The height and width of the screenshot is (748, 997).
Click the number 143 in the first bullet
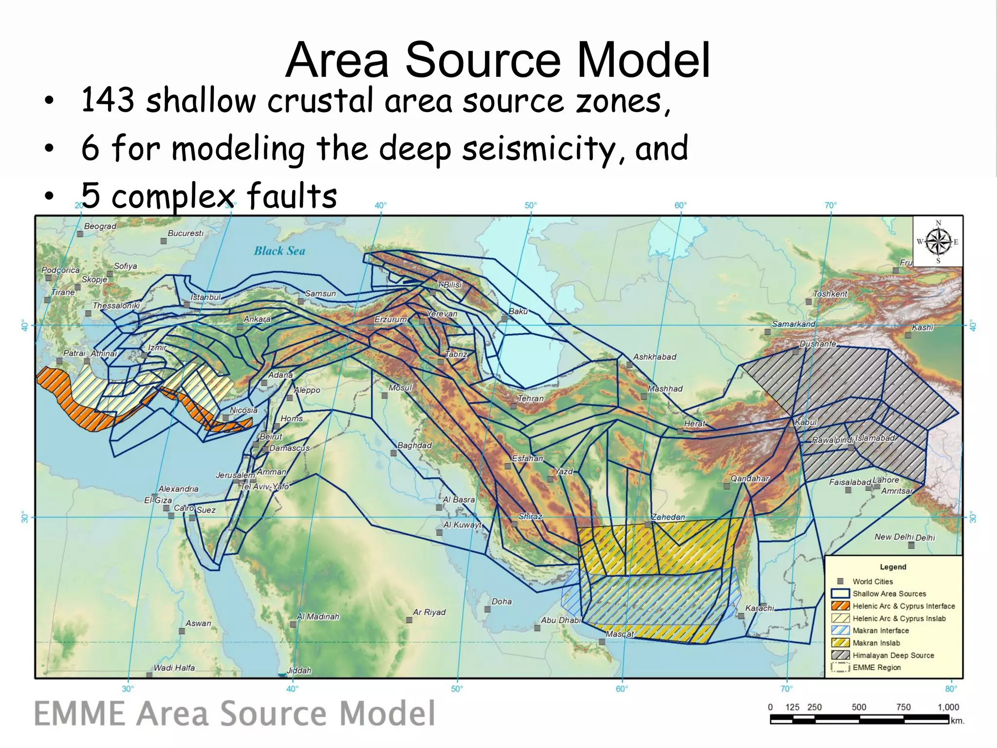(x=108, y=100)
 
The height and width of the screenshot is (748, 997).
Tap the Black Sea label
(x=279, y=251)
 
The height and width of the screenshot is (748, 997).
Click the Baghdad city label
(x=414, y=446)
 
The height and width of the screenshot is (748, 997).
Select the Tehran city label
(x=531, y=398)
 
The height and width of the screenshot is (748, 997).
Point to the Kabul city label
(x=805, y=422)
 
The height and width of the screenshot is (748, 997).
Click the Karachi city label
(x=759, y=608)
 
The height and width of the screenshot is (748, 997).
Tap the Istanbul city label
(x=205, y=297)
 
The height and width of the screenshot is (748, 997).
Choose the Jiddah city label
(x=298, y=671)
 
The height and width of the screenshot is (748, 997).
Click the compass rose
(x=938, y=242)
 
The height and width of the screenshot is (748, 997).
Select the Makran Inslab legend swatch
(x=840, y=643)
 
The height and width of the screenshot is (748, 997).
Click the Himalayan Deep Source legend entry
(x=893, y=655)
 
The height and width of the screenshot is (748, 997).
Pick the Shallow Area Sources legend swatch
(x=840, y=594)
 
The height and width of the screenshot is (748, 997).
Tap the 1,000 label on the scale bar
(x=948, y=707)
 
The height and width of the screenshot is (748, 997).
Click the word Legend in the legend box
(x=893, y=567)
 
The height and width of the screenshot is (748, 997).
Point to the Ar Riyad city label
(x=429, y=612)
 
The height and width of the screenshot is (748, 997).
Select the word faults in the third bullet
(x=292, y=196)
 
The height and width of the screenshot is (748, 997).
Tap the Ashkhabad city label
(x=654, y=357)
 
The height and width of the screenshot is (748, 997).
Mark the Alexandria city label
(x=178, y=489)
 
